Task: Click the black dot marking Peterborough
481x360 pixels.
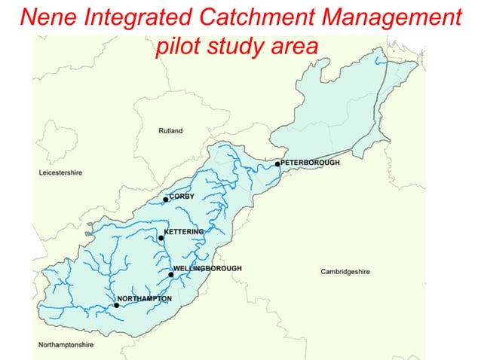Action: pos(277,163)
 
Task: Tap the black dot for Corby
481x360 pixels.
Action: pos(166,200)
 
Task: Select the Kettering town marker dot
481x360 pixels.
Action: pos(161,238)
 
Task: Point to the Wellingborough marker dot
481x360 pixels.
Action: pos(171,274)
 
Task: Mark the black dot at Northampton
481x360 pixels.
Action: pos(116,305)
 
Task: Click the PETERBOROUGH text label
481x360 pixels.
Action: pos(310,163)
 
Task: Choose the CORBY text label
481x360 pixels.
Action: pos(182,197)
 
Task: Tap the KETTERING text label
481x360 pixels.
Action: pos(184,231)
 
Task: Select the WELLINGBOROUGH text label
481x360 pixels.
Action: pos(207,268)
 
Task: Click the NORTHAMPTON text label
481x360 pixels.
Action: pos(145,299)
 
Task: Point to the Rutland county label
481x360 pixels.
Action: pos(170,131)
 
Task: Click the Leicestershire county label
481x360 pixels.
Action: pos(60,173)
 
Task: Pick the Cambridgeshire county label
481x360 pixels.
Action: pos(345,272)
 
